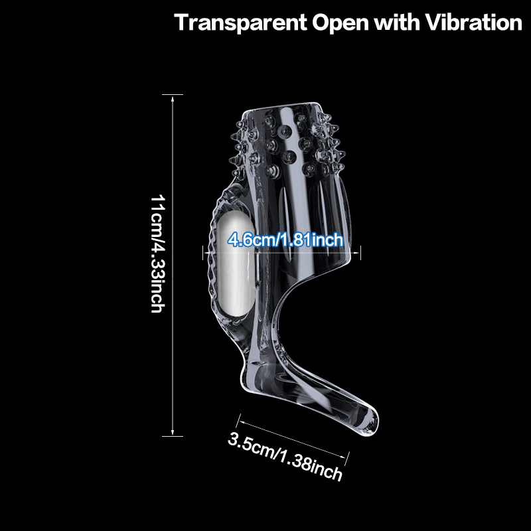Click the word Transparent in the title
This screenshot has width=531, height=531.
pyautogui.click(x=240, y=23)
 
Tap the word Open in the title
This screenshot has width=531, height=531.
pyautogui.click(x=340, y=24)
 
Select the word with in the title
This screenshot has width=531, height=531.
pyautogui.click(x=396, y=23)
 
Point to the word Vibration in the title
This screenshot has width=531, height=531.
pyautogui.click(x=473, y=23)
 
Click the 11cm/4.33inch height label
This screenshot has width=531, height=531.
pyautogui.click(x=157, y=254)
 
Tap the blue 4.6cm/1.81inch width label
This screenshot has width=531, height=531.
pyautogui.click(x=285, y=240)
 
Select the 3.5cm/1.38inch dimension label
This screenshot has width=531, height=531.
pyautogui.click(x=285, y=456)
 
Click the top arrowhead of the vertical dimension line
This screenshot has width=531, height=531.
pyautogui.click(x=173, y=98)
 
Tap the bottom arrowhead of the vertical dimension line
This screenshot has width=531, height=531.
pyautogui.click(x=173, y=433)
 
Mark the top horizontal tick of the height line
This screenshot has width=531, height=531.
pyautogui.click(x=173, y=94)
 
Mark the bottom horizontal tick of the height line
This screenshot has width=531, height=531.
pyautogui.click(x=173, y=436)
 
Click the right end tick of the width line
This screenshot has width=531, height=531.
pyautogui.click(x=360, y=253)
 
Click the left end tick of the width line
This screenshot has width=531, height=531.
pyautogui.click(x=203, y=253)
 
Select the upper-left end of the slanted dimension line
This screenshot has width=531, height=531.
pyautogui.click(x=239, y=421)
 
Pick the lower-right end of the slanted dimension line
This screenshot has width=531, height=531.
pyautogui.click(x=346, y=458)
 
